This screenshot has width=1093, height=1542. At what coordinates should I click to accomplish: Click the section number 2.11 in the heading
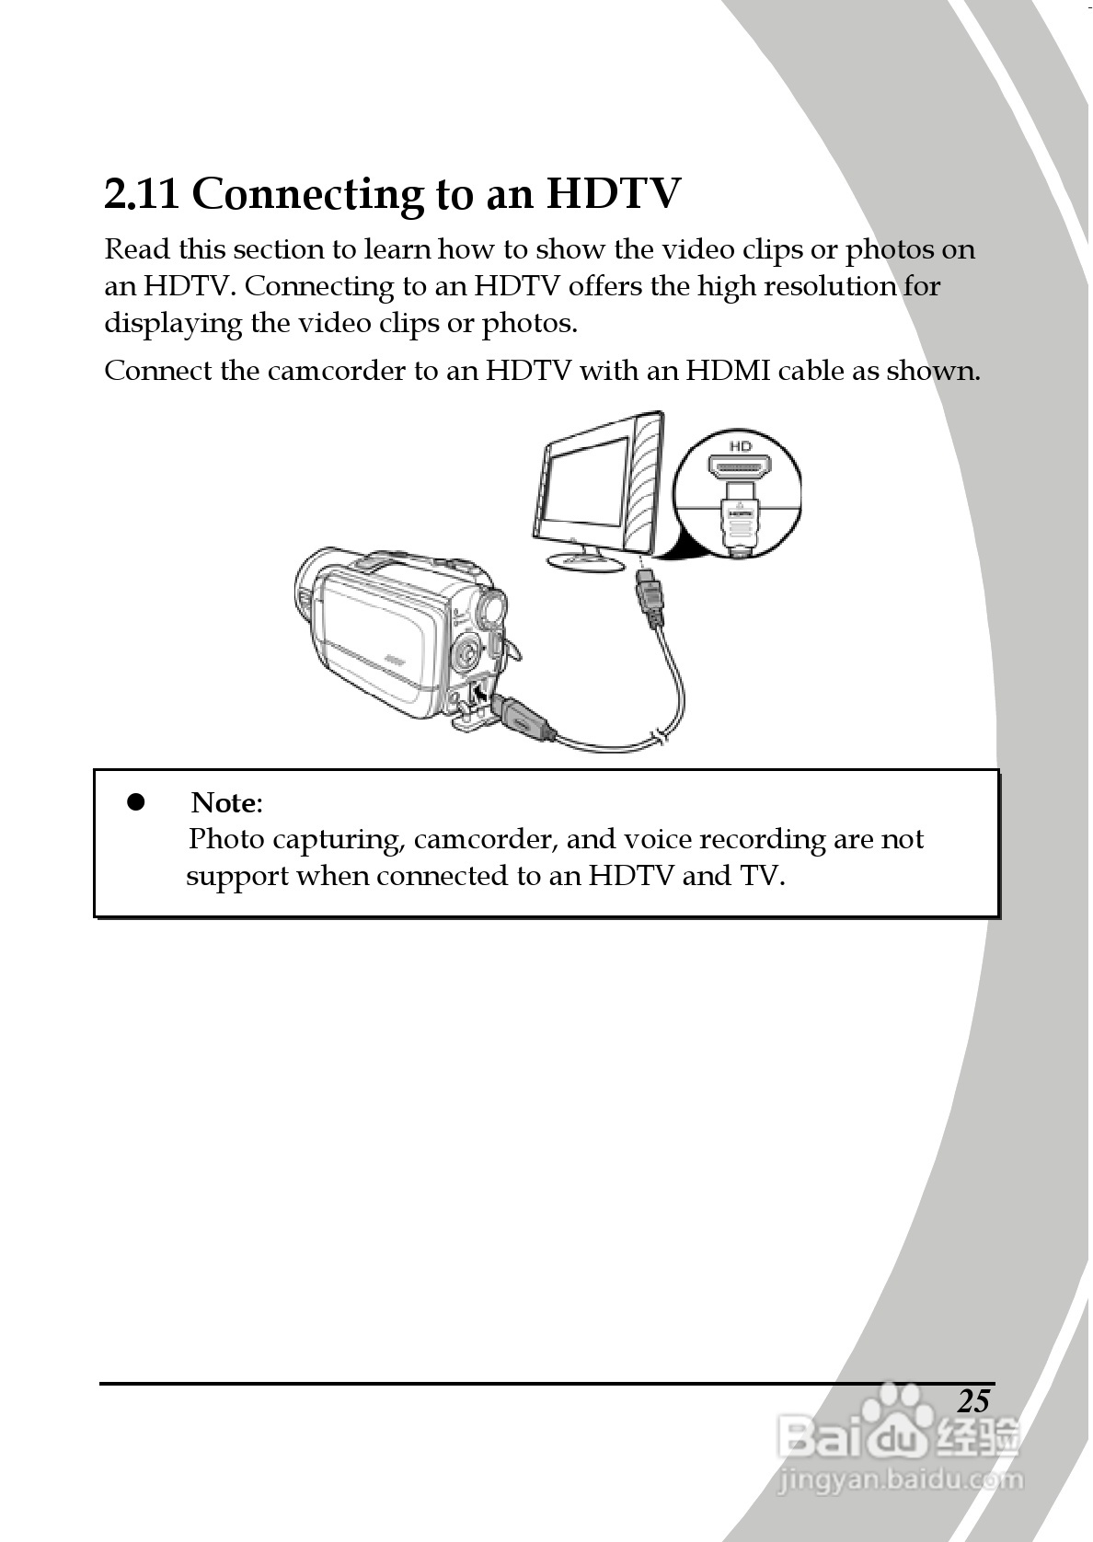click(x=141, y=194)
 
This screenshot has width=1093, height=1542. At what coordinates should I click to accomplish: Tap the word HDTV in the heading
click(x=614, y=194)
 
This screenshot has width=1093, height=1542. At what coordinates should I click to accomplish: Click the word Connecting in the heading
click(x=307, y=196)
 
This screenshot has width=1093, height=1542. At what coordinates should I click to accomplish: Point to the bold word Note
click(x=224, y=803)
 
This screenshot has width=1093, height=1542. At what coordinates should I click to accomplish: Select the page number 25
click(x=972, y=1400)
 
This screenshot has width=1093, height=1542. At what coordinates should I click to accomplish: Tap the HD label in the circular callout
click(x=740, y=446)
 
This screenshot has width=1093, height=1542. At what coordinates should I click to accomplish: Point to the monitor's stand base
click(x=583, y=559)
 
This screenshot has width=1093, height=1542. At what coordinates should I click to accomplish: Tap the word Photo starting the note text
click(x=226, y=840)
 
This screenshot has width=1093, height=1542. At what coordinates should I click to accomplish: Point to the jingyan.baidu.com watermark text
click(x=900, y=1480)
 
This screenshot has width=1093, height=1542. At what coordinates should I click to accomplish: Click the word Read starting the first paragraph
click(x=137, y=250)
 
